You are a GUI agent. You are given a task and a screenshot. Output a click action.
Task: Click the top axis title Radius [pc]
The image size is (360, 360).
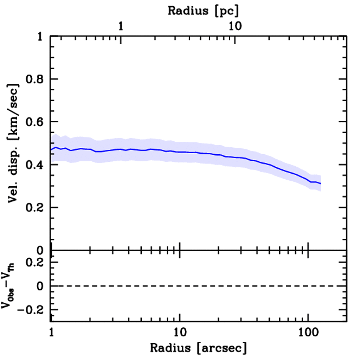[x=203, y=11]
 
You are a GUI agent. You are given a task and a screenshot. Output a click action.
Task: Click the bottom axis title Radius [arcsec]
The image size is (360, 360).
[x=198, y=348]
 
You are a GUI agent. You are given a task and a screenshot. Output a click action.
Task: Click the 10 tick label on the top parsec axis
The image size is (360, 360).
[x=234, y=26]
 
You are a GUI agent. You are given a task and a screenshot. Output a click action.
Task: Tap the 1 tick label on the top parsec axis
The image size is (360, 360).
[x=121, y=26]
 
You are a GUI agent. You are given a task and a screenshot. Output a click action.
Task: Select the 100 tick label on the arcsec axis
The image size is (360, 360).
[x=308, y=333]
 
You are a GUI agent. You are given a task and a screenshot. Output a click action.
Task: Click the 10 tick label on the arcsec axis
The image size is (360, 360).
[x=180, y=333]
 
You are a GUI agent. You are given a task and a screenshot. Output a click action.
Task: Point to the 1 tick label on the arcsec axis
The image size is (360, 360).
[x=51, y=333]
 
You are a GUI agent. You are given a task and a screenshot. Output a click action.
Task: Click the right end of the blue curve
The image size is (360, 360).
[x=321, y=184]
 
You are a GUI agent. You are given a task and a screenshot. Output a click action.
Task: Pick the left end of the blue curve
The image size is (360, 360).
[x=51, y=150]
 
